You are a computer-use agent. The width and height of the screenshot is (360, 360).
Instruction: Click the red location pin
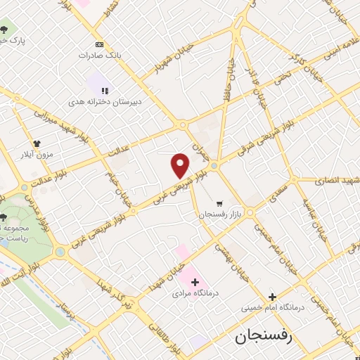click(181, 165)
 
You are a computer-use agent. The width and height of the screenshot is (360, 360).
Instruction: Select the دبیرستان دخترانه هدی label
click(114, 102)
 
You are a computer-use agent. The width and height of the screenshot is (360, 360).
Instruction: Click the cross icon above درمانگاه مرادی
click(195, 282)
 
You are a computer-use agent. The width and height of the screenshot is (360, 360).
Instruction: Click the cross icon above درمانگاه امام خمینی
click(271, 296)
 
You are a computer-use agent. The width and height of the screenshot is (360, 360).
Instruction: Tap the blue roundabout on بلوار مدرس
click(60, 251)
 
